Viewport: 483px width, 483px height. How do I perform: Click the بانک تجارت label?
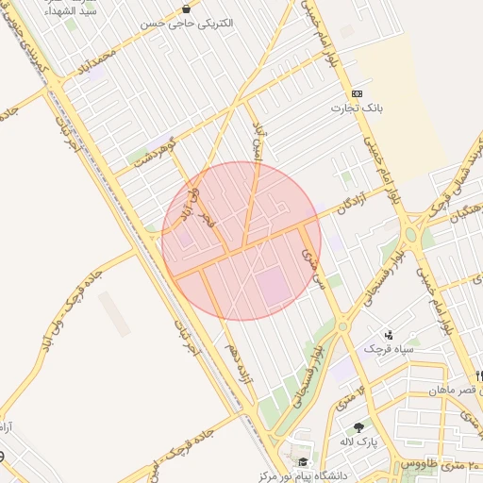[357, 108]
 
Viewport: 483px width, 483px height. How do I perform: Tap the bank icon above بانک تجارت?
[357, 93]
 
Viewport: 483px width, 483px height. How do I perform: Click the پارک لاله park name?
[359, 441]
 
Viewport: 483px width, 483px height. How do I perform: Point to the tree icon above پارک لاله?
[358, 427]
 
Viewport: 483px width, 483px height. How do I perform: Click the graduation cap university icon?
[303, 462]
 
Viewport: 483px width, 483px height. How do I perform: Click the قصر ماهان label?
[454, 390]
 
